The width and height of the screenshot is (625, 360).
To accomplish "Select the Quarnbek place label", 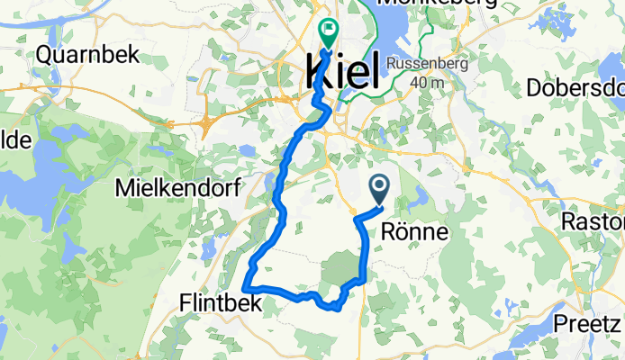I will (x=87, y=54).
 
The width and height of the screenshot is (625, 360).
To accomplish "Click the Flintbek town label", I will (x=219, y=303).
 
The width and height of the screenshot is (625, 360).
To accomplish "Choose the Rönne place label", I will (x=415, y=229).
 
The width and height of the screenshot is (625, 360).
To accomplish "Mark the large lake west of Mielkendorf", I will (x=27, y=180).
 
